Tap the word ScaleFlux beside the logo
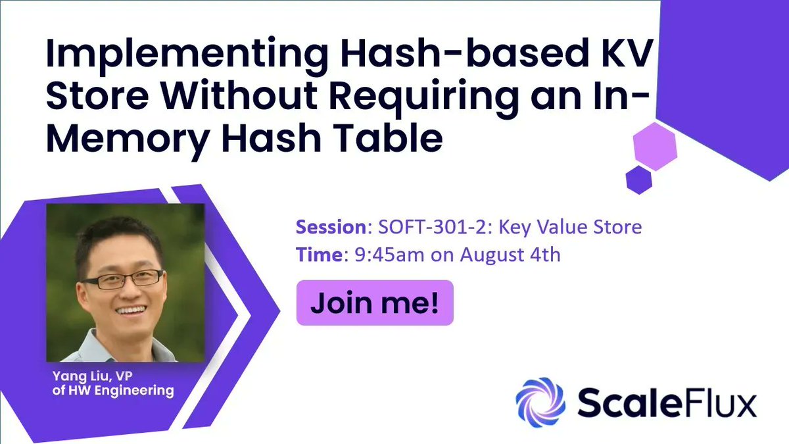pyautogui.click(x=666, y=401)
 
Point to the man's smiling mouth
pyautogui.click(x=131, y=310)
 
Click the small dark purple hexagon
pyautogui.click(x=638, y=178)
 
